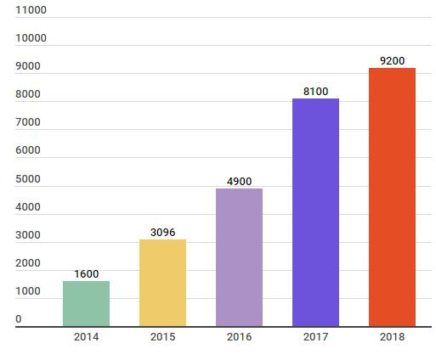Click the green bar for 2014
86,303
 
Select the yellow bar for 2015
162,283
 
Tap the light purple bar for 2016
239,257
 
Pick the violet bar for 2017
315,212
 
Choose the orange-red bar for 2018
392,197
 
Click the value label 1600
86,274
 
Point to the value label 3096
162,233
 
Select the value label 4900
239,182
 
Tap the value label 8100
315,92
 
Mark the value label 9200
392,61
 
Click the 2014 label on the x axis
86,337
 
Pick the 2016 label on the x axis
239,337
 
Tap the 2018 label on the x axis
392,337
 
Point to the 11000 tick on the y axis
31,10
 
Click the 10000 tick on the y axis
31,38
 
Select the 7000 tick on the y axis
28,122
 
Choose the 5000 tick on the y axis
28,179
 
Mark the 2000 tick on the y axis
28,263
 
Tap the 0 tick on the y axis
19,319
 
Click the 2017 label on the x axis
315,337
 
